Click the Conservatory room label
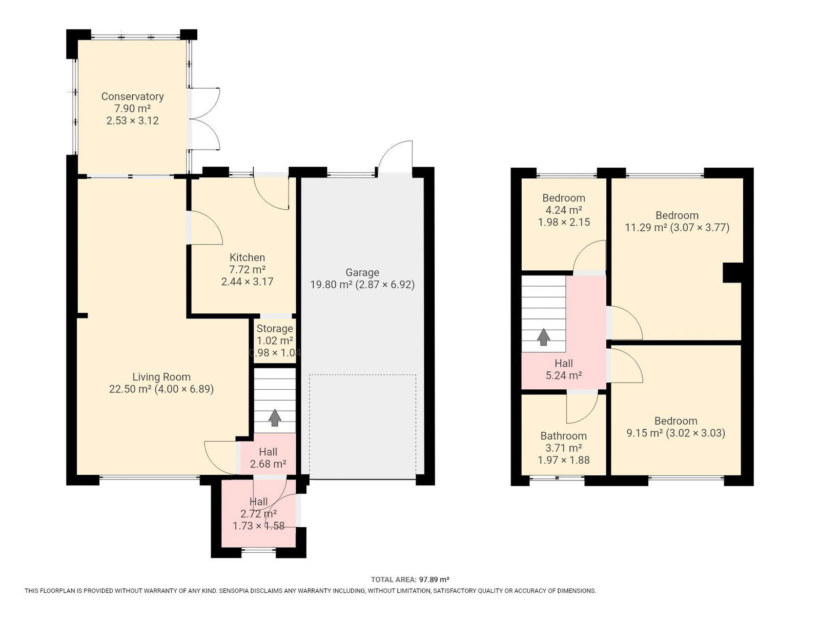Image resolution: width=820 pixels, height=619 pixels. pos(132,96)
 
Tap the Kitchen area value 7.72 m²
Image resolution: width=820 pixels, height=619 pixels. pos(247,270)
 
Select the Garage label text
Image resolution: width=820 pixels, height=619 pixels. pos(362,272)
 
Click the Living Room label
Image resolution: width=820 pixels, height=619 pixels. pos(161,377)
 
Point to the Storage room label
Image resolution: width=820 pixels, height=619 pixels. pos(275,329)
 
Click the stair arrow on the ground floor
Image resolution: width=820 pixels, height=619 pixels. pos(275,418)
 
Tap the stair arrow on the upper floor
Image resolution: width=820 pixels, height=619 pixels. pos(543,337)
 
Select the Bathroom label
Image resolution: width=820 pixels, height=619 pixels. pos(563,436)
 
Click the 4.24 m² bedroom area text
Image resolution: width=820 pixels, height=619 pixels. pos(564,210)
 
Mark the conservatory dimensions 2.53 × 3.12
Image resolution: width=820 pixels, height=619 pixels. pos(132,121)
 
